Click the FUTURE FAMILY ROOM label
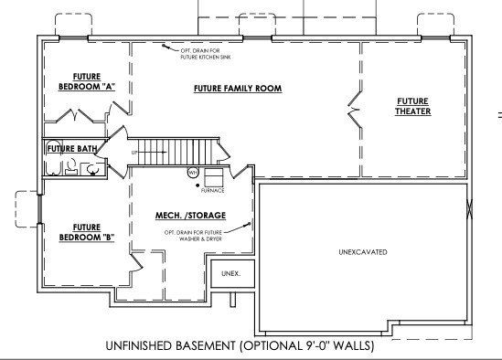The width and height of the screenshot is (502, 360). click(x=237, y=89)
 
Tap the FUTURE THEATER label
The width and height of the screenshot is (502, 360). click(x=413, y=106)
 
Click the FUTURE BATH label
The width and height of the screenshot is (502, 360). click(x=71, y=147)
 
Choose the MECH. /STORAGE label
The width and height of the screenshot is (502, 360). click(x=191, y=217)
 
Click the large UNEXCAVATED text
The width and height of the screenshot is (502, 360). click(x=364, y=251)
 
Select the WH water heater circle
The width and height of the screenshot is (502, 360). click(x=193, y=172)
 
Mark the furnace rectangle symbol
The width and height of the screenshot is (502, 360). click(x=213, y=176)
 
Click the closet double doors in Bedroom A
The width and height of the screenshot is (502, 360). click(x=73, y=117)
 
